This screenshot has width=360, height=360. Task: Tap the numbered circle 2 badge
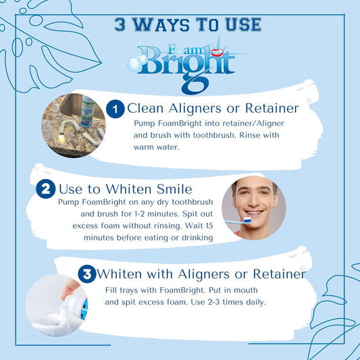click(46, 188)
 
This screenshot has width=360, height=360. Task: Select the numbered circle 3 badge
click(86, 274)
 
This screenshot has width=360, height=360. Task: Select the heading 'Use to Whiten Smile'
click(126, 188)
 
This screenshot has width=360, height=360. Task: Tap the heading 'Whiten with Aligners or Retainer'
click(201, 274)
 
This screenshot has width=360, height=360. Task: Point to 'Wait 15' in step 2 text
click(194, 226)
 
